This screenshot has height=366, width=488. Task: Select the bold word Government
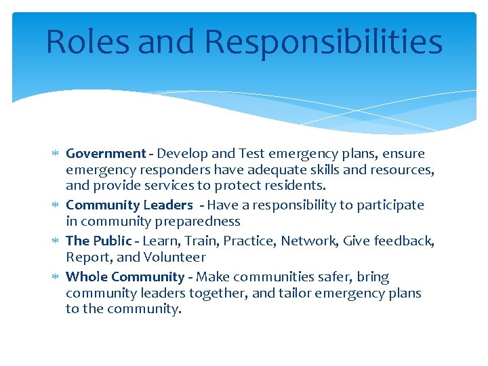pyautogui.click(x=106, y=154)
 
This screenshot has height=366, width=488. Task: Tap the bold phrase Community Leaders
pyautogui.click(x=129, y=205)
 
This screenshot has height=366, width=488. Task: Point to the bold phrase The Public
pyautogui.click(x=98, y=241)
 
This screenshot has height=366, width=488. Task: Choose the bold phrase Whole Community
pyautogui.click(x=125, y=277)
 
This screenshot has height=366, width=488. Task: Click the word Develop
pyautogui.click(x=180, y=154)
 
